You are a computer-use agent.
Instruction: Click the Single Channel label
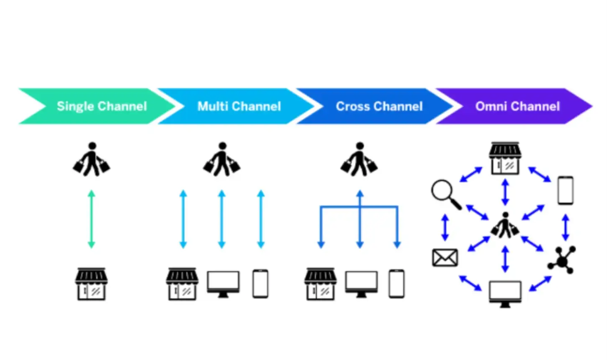tap(102, 106)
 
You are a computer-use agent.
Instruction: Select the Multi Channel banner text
tap(239, 106)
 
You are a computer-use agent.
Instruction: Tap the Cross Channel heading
tap(379, 106)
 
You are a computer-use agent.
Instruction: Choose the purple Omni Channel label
tap(517, 106)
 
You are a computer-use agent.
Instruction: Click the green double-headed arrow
tap(91, 219)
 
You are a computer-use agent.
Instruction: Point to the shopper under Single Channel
tap(92, 159)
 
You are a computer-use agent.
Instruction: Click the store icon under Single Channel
tap(91, 284)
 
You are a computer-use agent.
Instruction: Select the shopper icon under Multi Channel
tap(222, 159)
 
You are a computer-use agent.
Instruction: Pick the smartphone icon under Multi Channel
tap(260, 284)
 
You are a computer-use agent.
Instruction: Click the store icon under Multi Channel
tap(182, 284)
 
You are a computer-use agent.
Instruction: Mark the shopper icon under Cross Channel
tap(359, 159)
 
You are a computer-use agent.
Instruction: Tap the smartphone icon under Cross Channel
tap(396, 284)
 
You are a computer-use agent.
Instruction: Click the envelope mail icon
tap(445, 258)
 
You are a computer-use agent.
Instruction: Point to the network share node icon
tap(562, 260)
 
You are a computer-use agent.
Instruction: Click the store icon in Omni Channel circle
tap(505, 158)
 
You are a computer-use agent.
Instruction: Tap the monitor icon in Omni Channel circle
tap(505, 293)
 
